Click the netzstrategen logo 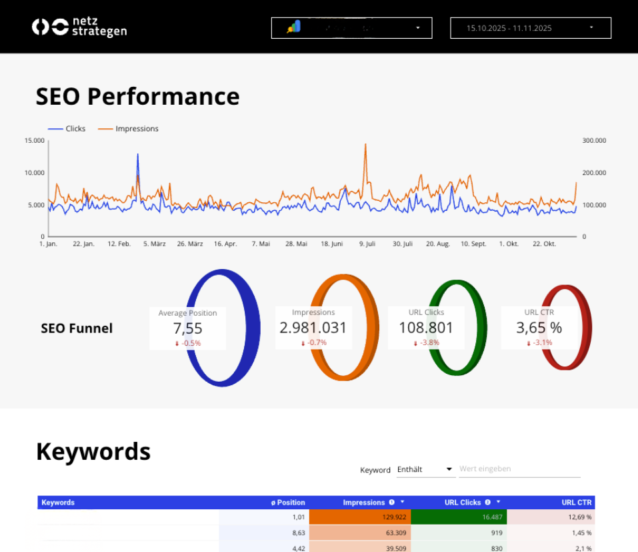79,27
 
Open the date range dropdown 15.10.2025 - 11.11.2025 531,28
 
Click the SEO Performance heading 137,96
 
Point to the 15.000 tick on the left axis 34,141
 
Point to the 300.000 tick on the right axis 594,141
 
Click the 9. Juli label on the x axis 367,244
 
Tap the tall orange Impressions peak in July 365,145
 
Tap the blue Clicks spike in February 138,156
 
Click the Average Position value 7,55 187,328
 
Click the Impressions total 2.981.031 313,328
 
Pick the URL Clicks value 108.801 426,328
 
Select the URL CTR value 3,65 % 539,328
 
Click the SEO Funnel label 77,328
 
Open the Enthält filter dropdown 425,469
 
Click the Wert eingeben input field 519,469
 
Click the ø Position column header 288,503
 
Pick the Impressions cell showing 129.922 360,517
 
